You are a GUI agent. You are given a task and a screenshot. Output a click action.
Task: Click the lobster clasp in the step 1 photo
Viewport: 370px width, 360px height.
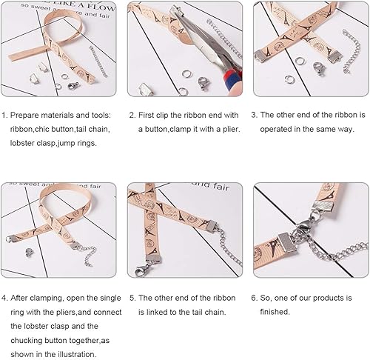[x=73, y=86]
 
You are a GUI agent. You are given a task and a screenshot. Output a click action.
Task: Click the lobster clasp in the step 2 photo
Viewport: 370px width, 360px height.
[x=203, y=84]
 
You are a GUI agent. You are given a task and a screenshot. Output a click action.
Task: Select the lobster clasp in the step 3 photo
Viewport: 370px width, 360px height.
[x=319, y=69]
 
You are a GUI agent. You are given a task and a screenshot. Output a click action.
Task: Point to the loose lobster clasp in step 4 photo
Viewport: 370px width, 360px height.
[x=29, y=253]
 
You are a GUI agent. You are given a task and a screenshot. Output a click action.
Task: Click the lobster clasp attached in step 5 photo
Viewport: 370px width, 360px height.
[x=142, y=269]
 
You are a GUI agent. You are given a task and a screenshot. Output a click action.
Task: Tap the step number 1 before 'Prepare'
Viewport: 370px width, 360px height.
[x=4, y=116]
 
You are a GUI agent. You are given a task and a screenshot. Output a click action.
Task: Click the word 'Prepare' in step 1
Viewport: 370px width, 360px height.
[x=24, y=116]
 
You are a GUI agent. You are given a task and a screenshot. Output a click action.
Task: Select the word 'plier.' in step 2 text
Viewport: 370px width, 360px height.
[x=231, y=130]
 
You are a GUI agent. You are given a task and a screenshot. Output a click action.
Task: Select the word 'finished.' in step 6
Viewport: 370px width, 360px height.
[x=275, y=312]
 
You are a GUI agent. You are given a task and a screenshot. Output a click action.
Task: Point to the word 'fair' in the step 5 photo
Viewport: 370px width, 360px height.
[x=221, y=187]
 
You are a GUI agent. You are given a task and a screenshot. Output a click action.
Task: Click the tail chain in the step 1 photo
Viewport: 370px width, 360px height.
[x=98, y=61]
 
